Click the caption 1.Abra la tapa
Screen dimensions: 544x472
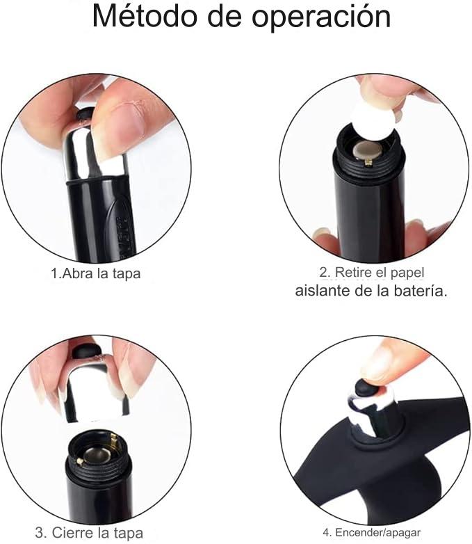click(x=95, y=273)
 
